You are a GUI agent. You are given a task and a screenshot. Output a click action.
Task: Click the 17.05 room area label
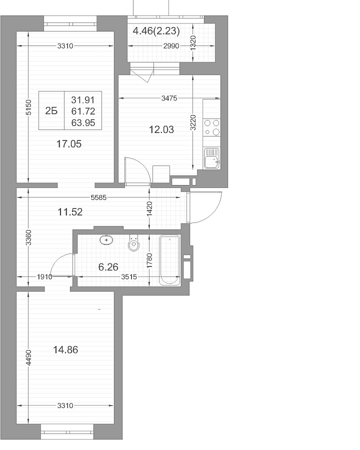pyautogui.click(x=69, y=144)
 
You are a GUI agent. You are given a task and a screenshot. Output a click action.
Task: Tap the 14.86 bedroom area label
pyautogui.click(x=65, y=350)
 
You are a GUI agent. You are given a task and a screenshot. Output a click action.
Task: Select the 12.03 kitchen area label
pyautogui.click(x=161, y=129)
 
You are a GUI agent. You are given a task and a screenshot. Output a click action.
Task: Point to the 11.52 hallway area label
pyautogui.click(x=70, y=212)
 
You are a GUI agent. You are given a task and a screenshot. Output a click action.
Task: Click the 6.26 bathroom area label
pyautogui.click(x=108, y=267)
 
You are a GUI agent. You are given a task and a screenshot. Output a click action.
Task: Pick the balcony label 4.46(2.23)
pyautogui.click(x=156, y=30)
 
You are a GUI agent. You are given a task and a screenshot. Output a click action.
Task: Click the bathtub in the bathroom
pyautogui.click(x=169, y=260)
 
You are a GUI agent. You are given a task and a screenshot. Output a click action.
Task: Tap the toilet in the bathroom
pyautogui.click(x=133, y=243)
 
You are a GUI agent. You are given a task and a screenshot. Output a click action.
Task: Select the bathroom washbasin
pyautogui.click(x=106, y=240)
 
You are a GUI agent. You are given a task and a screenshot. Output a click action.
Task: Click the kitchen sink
pyautogui.click(x=211, y=158)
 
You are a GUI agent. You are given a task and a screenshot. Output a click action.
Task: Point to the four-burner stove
pyautogui.click(x=211, y=127)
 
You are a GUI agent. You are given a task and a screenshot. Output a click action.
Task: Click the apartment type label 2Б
pyautogui.click(x=51, y=111)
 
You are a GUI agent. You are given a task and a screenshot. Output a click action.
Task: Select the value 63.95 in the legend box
pyautogui.click(x=83, y=123)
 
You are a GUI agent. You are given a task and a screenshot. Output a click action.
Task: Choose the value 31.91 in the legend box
pyautogui.click(x=83, y=100)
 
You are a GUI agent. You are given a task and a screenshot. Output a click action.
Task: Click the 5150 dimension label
pyautogui.click(x=28, y=107)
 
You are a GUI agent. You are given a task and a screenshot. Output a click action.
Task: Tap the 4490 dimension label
pyautogui.click(x=28, y=358)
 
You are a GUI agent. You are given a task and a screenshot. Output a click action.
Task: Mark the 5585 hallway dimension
pyautogui.click(x=98, y=197)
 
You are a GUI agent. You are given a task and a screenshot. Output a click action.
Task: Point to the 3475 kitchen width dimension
pyautogui.click(x=169, y=98)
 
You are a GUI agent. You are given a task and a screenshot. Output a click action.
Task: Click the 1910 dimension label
pyautogui.click(x=45, y=277)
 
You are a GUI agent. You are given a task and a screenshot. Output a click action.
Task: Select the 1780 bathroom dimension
pyautogui.click(x=149, y=261)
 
